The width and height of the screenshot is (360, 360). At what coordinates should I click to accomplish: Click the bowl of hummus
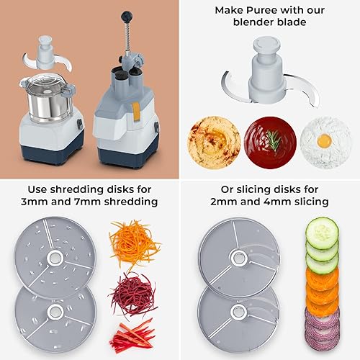[213, 140]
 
